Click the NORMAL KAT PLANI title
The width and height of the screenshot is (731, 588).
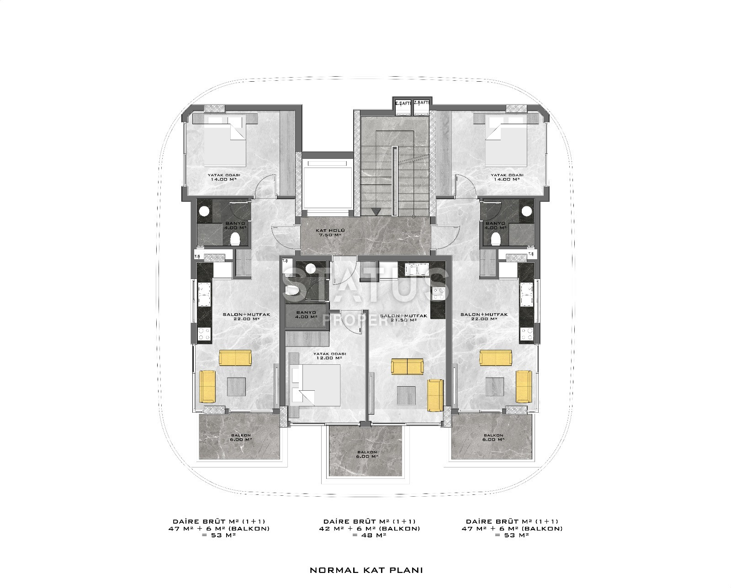[366, 570]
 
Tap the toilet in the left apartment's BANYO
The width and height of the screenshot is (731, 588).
[235, 238]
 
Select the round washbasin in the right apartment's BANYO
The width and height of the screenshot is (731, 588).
[527, 211]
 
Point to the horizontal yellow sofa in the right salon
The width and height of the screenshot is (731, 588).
[495, 357]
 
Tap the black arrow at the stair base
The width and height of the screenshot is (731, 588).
[376, 211]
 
